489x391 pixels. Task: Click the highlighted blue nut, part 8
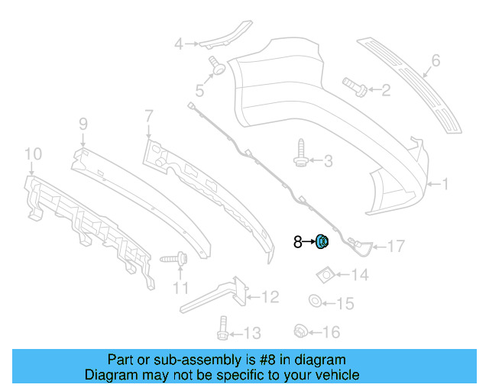pos(322,243)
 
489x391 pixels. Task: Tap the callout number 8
pos(298,243)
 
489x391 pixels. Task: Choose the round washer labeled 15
pos(315,300)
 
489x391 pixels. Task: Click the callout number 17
pos(396,246)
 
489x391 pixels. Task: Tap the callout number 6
pos(436,60)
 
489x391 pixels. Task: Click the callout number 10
pos(31,156)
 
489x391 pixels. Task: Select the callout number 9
pos(83,122)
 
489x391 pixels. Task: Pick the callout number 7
pos(148,115)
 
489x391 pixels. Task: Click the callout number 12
pos(271,296)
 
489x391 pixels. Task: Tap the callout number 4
pos(178,44)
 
